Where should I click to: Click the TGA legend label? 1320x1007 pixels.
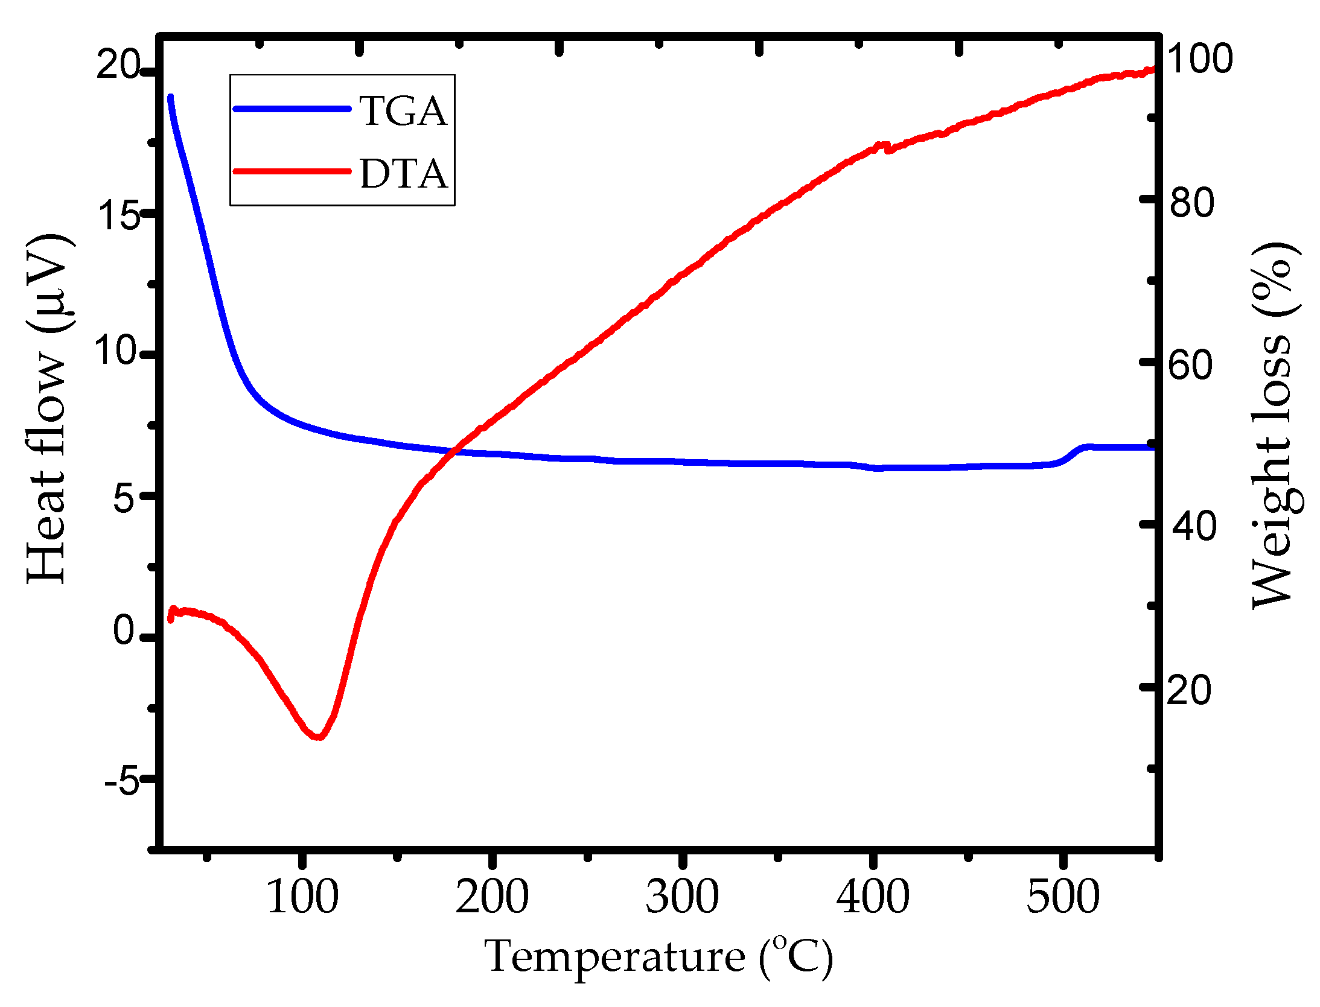pyautogui.click(x=403, y=111)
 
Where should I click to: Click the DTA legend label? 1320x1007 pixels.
pyautogui.click(x=403, y=174)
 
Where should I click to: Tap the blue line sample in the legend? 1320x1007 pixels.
pyautogui.click(x=292, y=109)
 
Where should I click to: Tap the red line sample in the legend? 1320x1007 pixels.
pyautogui.click(x=292, y=171)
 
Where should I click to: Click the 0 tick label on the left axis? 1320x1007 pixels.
pyautogui.click(x=124, y=631)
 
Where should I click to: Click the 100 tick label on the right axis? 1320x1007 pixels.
pyautogui.click(x=1199, y=59)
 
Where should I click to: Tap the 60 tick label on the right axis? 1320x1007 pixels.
pyautogui.click(x=1190, y=364)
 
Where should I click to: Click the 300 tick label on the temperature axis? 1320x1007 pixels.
pyautogui.click(x=682, y=897)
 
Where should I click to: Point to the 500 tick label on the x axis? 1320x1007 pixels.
pyautogui.click(x=1063, y=897)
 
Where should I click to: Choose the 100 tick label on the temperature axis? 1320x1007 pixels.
pyautogui.click(x=302, y=897)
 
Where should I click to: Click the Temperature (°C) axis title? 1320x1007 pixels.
pyautogui.click(x=658, y=958)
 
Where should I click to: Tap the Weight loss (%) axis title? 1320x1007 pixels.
pyautogui.click(x=1274, y=425)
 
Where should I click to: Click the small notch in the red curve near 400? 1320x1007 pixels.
pyautogui.click(x=886, y=148)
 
